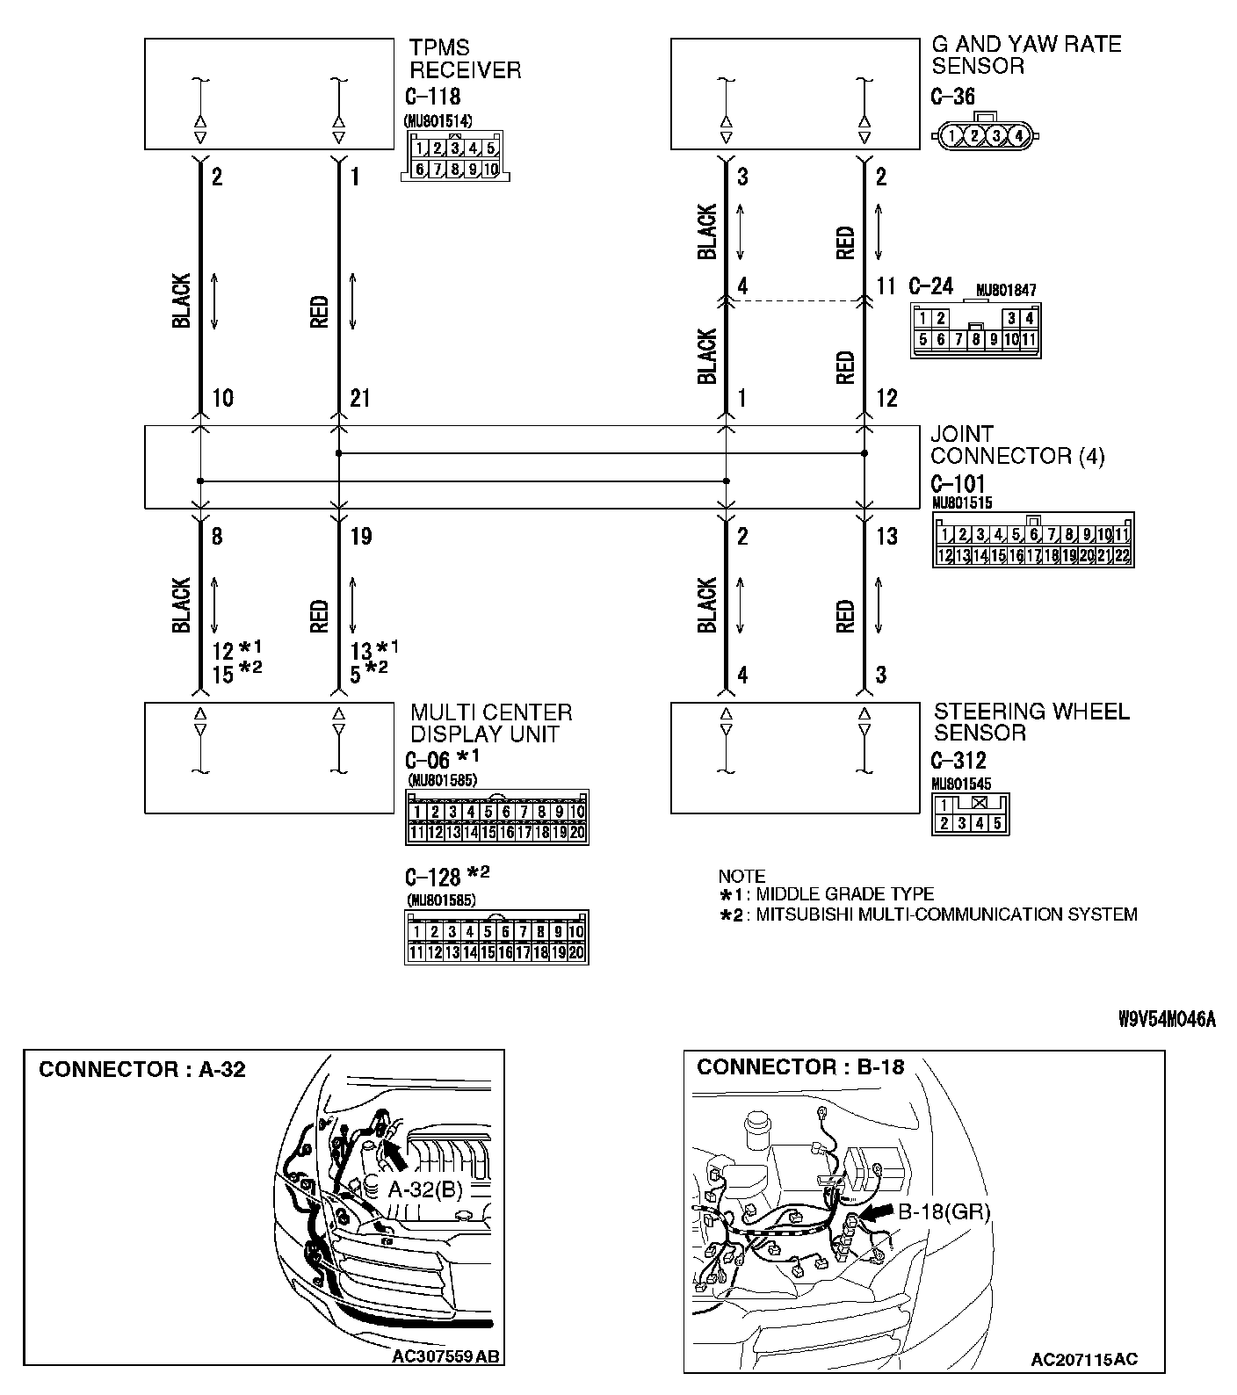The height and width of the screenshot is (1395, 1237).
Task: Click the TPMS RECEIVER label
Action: (x=465, y=59)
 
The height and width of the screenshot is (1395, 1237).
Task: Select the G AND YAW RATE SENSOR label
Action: (x=1026, y=54)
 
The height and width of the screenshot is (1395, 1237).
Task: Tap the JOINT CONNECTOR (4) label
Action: (x=1017, y=445)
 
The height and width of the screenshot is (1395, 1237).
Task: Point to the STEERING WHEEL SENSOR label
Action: (x=1031, y=722)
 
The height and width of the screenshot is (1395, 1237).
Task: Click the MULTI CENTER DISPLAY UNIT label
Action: (x=491, y=723)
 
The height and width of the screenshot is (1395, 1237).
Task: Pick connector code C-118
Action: (x=433, y=97)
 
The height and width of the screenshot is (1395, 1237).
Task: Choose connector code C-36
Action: (x=953, y=97)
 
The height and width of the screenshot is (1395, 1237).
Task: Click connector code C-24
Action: (x=930, y=286)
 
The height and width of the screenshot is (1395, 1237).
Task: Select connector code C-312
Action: (x=958, y=761)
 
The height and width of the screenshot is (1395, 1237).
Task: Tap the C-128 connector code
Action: (x=433, y=877)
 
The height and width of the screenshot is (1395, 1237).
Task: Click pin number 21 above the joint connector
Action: (x=360, y=399)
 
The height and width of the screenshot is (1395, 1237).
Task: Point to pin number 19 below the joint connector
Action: (x=360, y=536)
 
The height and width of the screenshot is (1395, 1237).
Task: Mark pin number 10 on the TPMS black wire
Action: (x=223, y=399)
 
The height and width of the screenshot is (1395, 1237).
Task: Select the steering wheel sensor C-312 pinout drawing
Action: (x=971, y=814)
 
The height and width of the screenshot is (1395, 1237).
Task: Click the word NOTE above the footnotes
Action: (x=741, y=876)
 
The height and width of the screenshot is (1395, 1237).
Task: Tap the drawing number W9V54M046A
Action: (x=1167, y=1019)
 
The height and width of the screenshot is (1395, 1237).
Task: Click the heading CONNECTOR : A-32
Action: (x=142, y=1069)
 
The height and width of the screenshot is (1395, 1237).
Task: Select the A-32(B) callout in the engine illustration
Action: (x=425, y=1189)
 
